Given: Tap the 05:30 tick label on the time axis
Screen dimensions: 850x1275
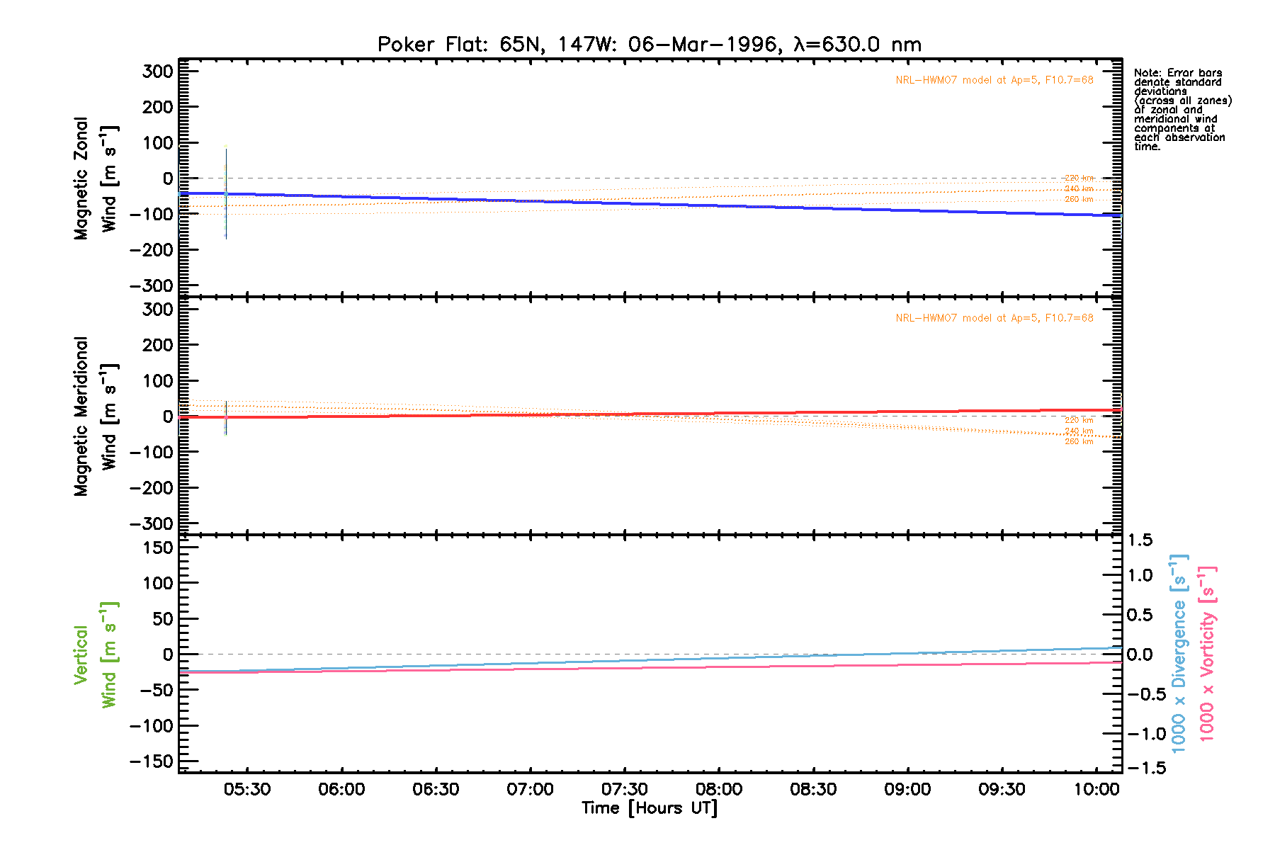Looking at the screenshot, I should (x=246, y=789).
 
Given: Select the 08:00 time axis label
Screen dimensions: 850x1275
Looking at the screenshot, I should (x=718, y=789).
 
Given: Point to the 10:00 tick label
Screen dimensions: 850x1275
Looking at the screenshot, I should (x=1096, y=789).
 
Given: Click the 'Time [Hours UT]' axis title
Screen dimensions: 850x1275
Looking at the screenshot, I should (x=649, y=808).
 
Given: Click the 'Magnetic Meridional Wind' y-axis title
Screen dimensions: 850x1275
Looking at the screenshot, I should (x=96, y=416).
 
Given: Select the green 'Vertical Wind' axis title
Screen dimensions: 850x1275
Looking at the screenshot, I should (x=96, y=654).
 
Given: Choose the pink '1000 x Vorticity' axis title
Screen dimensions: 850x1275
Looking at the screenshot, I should (x=1206, y=653).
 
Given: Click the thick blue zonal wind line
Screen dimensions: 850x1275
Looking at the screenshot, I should (x=637, y=203).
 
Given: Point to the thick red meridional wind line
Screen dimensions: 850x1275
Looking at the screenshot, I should (x=637, y=414).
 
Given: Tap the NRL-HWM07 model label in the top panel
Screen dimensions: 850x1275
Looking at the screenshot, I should (x=994, y=80).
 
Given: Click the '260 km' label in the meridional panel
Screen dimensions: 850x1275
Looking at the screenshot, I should (x=1079, y=442).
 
